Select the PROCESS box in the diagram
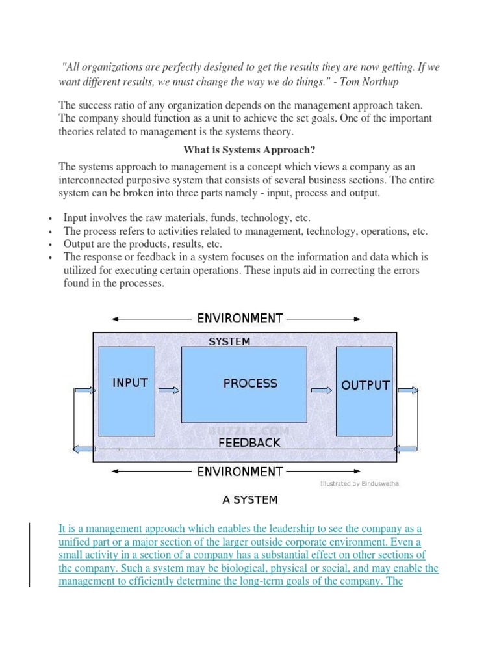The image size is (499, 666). click(x=244, y=384)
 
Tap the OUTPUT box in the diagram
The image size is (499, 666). click(x=364, y=392)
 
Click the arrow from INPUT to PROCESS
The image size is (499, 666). click(x=168, y=390)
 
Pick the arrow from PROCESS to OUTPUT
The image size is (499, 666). click(x=321, y=390)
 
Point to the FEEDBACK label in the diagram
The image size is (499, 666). click(x=249, y=442)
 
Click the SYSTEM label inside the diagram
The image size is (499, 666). click(x=229, y=341)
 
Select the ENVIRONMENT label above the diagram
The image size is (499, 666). click(x=240, y=318)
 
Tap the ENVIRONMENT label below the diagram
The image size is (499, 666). click(x=240, y=472)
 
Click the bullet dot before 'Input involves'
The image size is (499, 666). click(x=50, y=219)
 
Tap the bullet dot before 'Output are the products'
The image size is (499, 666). click(x=50, y=245)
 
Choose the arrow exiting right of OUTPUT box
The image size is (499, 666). click(x=407, y=390)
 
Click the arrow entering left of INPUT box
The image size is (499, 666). click(x=84, y=390)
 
